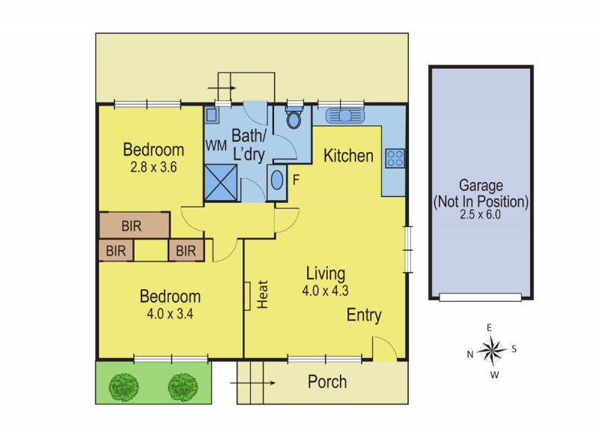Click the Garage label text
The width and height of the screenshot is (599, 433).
pyautogui.click(x=481, y=186)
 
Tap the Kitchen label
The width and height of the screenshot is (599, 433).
pyautogui.click(x=348, y=156)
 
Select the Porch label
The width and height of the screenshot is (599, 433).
pyautogui.click(x=327, y=382)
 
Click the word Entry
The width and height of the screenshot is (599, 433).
pyautogui.click(x=364, y=315)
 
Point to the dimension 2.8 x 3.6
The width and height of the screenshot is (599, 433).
pyautogui.click(x=153, y=167)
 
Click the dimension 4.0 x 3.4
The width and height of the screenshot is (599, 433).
pyautogui.click(x=170, y=314)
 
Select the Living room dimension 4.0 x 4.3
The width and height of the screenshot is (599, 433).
pyautogui.click(x=326, y=291)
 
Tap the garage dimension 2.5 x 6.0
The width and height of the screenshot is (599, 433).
pyautogui.click(x=480, y=214)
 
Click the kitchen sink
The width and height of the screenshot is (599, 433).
pyautogui.click(x=345, y=115)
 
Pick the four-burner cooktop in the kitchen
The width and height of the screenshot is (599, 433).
pyautogui.click(x=395, y=158)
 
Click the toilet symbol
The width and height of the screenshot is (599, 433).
pyautogui.click(x=294, y=118)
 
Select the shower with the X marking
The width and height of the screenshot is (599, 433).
pyautogui.click(x=220, y=183)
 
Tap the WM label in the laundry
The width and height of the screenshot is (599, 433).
pyautogui.click(x=216, y=145)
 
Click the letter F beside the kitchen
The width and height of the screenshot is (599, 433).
pyautogui.click(x=296, y=180)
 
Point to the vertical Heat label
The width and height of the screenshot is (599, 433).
pyautogui.click(x=263, y=294)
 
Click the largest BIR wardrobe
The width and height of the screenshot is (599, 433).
pyautogui.click(x=135, y=225)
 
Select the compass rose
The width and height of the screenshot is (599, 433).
pyautogui.click(x=493, y=351)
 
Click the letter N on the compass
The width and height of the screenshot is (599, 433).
pyautogui.click(x=470, y=354)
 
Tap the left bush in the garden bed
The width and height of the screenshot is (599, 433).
pyautogui.click(x=124, y=387)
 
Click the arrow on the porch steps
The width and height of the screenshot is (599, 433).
pyautogui.click(x=252, y=383)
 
